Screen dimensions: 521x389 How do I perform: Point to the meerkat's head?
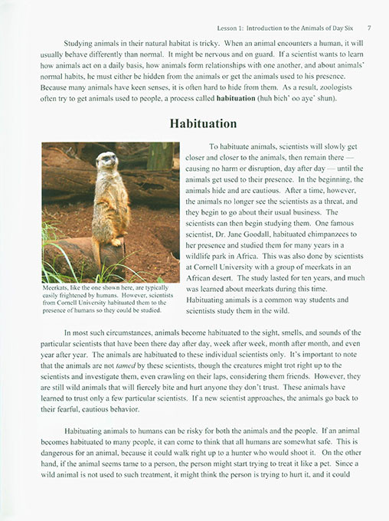[x=110, y=161]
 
